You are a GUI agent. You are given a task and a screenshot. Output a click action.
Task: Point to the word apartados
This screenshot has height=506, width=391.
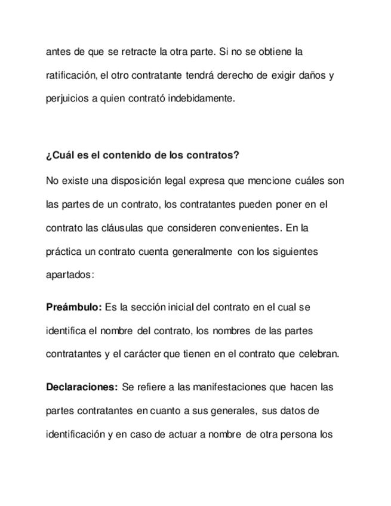click(x=69, y=275)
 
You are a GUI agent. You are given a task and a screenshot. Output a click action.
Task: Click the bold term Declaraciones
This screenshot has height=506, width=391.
click(x=82, y=387)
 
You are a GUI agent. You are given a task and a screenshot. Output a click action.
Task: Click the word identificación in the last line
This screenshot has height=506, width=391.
click(x=76, y=434)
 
